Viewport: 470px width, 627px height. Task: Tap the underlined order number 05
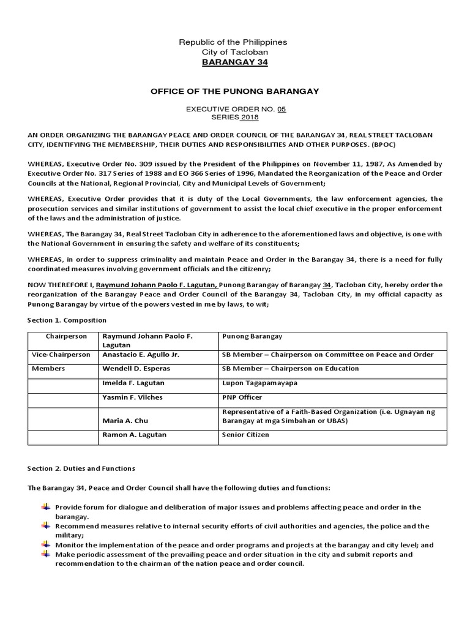pyautogui.click(x=281, y=109)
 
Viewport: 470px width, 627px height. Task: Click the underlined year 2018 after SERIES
pyautogui.click(x=250, y=118)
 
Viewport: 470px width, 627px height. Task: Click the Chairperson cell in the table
pyautogui.click(x=66, y=337)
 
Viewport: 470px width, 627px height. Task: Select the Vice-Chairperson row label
pyautogui.click(x=61, y=355)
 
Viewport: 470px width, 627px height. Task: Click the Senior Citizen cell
pyautogui.click(x=245, y=435)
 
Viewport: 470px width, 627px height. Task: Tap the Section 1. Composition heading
pyautogui.click(x=67, y=320)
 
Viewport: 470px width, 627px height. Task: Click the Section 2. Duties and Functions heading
pyautogui.click(x=81, y=468)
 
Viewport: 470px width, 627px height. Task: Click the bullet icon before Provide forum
pyautogui.click(x=46, y=507)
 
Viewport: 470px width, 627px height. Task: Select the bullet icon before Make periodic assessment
pyautogui.click(x=46, y=554)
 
